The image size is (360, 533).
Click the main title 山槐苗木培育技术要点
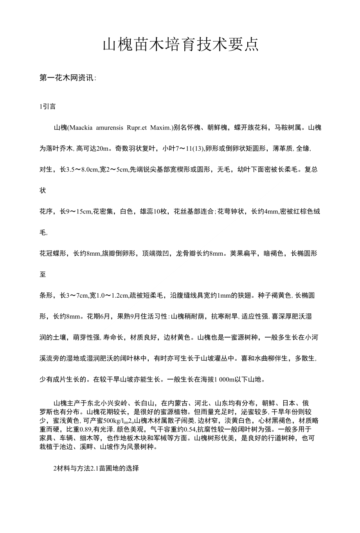(180, 45)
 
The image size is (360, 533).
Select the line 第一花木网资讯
(68, 78)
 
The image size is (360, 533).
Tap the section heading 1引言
(47, 107)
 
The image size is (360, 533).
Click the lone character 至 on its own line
(43, 275)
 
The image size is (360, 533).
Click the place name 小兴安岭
(116, 403)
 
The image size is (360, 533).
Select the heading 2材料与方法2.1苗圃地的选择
(96, 468)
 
